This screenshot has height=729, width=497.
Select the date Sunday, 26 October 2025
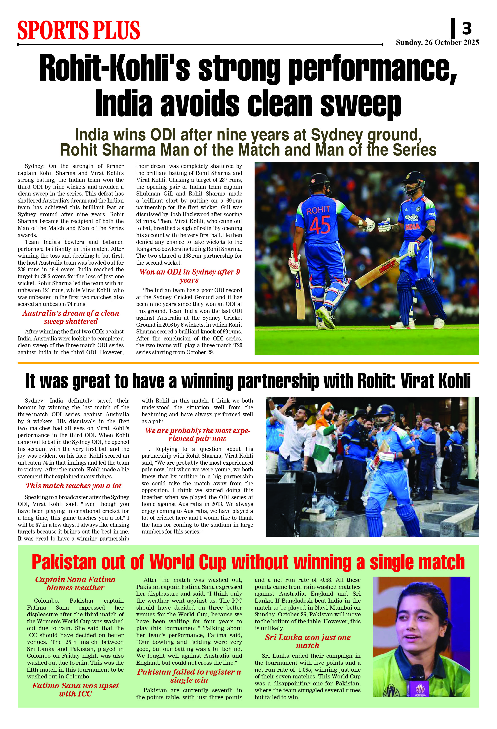coord(437,42)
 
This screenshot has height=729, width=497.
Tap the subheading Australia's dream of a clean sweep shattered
coord(71,317)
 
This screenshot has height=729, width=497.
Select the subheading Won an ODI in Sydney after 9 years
coord(190,276)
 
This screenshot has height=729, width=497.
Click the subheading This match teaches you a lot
coord(74,486)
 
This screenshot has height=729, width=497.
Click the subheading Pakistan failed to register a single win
coord(189,676)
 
